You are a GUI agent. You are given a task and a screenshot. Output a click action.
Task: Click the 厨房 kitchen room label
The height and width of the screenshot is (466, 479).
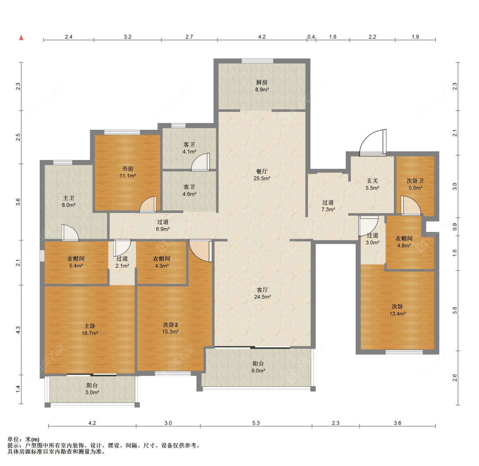tap(262, 83)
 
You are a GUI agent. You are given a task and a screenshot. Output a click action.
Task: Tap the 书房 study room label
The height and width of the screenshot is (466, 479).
tap(128, 169)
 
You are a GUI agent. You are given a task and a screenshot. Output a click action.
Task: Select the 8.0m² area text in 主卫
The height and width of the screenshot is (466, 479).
tap(69, 205)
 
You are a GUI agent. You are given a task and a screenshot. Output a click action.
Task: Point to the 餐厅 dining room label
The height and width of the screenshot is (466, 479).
tap(262, 172)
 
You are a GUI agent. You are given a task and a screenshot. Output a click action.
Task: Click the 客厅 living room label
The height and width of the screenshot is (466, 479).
tap(262, 290)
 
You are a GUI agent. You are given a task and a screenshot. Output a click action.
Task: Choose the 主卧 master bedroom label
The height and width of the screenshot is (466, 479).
tap(90, 326)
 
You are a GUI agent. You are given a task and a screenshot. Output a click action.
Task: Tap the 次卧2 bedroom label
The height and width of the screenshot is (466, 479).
tap(170, 325)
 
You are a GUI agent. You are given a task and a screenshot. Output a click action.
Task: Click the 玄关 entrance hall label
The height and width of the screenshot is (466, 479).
tap(373, 181)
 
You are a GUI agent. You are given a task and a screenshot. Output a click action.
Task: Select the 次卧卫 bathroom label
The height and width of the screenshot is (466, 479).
tap(415, 181)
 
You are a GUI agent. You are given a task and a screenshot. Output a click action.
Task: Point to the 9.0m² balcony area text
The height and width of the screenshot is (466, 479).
tap(258, 371)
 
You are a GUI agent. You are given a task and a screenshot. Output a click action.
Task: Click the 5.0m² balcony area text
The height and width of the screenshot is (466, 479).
tap(92, 393)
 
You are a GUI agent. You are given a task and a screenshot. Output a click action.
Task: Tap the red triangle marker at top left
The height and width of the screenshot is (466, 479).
tap(21, 37)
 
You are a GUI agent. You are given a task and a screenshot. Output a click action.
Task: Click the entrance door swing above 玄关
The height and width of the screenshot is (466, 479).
tap(373, 142)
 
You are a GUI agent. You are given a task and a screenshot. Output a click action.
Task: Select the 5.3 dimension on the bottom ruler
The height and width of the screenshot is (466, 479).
tap(256, 423)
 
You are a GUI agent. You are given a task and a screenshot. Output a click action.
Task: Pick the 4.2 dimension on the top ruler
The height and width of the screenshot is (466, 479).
tap(262, 37)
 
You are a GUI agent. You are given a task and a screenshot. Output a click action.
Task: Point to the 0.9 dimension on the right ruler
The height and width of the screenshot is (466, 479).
tap(455, 227)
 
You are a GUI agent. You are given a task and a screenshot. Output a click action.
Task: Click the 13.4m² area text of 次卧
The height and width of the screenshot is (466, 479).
tap(397, 314)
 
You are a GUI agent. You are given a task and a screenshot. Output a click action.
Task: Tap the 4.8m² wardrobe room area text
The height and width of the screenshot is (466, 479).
tap(404, 246)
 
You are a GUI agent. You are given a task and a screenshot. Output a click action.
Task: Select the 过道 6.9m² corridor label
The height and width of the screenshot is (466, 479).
tap(163, 226)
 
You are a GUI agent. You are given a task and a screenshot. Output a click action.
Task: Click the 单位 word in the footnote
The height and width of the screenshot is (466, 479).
tap(13, 440)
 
